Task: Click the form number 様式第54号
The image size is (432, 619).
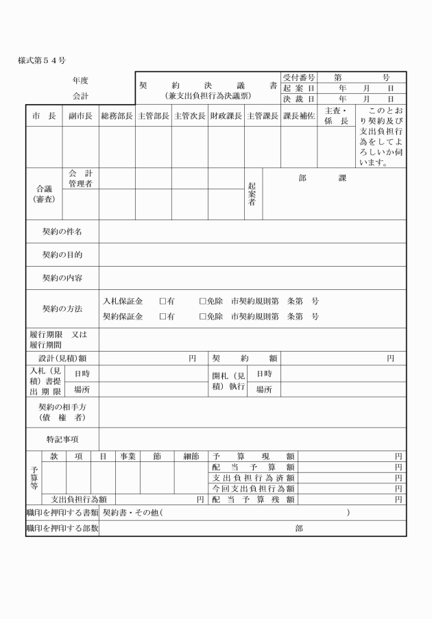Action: pyautogui.click(x=42, y=61)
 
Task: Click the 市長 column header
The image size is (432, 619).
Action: pyautogui.click(x=44, y=117)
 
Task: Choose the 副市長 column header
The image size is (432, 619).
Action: pyautogui.click(x=80, y=117)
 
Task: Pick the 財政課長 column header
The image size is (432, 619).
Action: pyautogui.click(x=226, y=117)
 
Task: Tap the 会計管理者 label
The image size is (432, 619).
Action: pyautogui.click(x=80, y=178)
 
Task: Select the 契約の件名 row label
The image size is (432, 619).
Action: pyautogui.click(x=62, y=232)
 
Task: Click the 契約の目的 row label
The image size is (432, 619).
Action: pyautogui.click(x=62, y=255)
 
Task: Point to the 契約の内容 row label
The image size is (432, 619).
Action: pyautogui.click(x=62, y=278)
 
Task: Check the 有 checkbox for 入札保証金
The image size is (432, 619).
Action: pyautogui.click(x=163, y=301)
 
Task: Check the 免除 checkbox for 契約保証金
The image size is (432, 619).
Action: pyautogui.click(x=202, y=317)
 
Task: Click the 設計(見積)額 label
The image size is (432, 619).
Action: pyautogui.click(x=62, y=358)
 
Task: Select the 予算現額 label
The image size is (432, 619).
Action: pyautogui.click(x=254, y=456)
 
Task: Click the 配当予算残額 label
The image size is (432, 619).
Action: pyautogui.click(x=254, y=500)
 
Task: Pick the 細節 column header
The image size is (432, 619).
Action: pyautogui.click(x=191, y=456)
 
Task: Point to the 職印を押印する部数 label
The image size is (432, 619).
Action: pyautogui.click(x=62, y=529)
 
